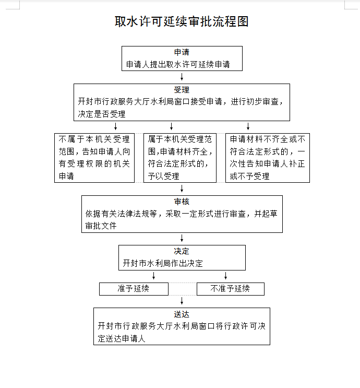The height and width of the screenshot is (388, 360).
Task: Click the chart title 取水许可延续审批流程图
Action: [182, 21]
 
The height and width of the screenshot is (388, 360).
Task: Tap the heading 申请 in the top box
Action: [182, 52]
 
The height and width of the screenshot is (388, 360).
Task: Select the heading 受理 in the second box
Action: [182, 90]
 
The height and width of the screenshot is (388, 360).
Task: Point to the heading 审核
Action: [182, 202]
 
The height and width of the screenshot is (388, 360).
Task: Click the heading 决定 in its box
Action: [182, 251]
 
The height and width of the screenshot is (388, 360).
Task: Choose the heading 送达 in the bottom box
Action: [182, 314]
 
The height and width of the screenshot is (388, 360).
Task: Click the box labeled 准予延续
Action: [134, 289]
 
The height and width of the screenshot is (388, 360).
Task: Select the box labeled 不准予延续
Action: [231, 289]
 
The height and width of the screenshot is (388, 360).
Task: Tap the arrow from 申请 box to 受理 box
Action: [182, 77]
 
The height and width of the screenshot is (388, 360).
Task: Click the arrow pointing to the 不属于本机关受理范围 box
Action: [115, 126]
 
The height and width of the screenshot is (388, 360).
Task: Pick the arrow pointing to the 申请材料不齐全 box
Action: [248, 126]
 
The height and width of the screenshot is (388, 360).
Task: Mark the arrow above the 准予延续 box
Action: [153, 276]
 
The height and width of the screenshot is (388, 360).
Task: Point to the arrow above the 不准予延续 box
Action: [225, 276]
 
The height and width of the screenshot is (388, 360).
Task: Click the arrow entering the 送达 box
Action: [182, 301]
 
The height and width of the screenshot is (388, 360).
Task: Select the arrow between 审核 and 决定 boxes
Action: [182, 238]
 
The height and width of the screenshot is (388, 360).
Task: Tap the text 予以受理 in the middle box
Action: [163, 176]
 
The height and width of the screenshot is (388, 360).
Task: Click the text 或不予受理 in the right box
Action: [249, 176]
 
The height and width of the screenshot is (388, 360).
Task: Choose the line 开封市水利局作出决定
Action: [163, 263]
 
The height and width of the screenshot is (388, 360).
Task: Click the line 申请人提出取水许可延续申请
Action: [178, 64]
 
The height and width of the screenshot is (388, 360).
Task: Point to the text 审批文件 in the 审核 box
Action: [101, 226]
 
